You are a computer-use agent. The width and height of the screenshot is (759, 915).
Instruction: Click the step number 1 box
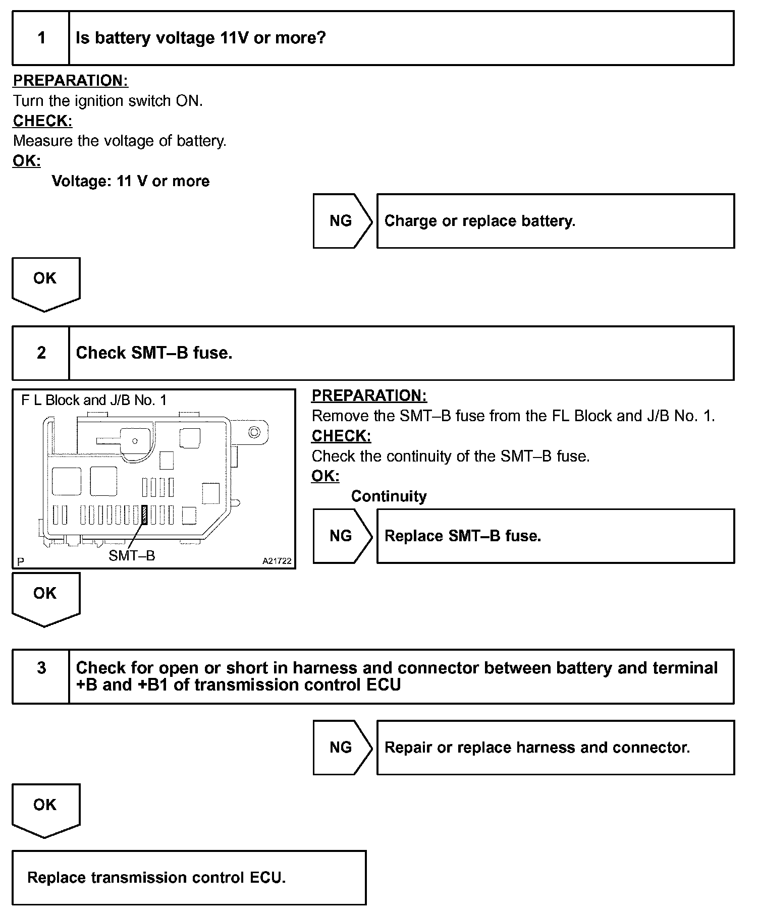click(x=41, y=38)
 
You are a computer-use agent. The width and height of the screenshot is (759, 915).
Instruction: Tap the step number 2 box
click(x=41, y=353)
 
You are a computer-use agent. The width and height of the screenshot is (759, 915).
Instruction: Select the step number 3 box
click(x=41, y=676)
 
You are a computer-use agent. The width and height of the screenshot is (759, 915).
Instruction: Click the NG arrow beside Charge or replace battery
click(x=341, y=221)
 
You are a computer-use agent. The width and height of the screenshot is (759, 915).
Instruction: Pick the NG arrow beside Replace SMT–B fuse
click(x=341, y=536)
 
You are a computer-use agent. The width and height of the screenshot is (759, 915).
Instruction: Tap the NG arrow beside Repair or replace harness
click(x=341, y=747)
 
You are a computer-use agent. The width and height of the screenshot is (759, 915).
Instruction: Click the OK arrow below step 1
click(x=45, y=282)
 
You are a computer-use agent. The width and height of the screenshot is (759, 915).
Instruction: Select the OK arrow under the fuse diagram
click(x=45, y=598)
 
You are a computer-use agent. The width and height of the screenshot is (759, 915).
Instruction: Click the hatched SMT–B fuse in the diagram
click(x=144, y=515)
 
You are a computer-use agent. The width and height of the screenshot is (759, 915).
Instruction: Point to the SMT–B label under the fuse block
click(x=132, y=556)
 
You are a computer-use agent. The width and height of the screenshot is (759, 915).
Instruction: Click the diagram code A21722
click(x=277, y=561)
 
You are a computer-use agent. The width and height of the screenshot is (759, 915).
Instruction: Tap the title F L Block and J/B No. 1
click(x=94, y=401)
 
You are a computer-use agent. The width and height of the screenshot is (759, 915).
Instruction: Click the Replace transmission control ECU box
click(x=189, y=878)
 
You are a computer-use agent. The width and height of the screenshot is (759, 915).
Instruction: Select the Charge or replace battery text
click(x=479, y=221)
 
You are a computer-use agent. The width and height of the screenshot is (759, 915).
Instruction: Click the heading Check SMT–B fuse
click(x=154, y=353)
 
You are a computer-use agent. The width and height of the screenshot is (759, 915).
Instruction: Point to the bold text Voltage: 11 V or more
click(x=131, y=181)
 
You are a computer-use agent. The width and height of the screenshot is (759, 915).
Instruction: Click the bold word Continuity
click(x=389, y=496)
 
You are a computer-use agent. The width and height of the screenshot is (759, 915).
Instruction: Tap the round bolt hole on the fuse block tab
click(x=254, y=432)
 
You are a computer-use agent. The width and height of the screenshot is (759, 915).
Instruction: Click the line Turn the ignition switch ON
click(x=107, y=101)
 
